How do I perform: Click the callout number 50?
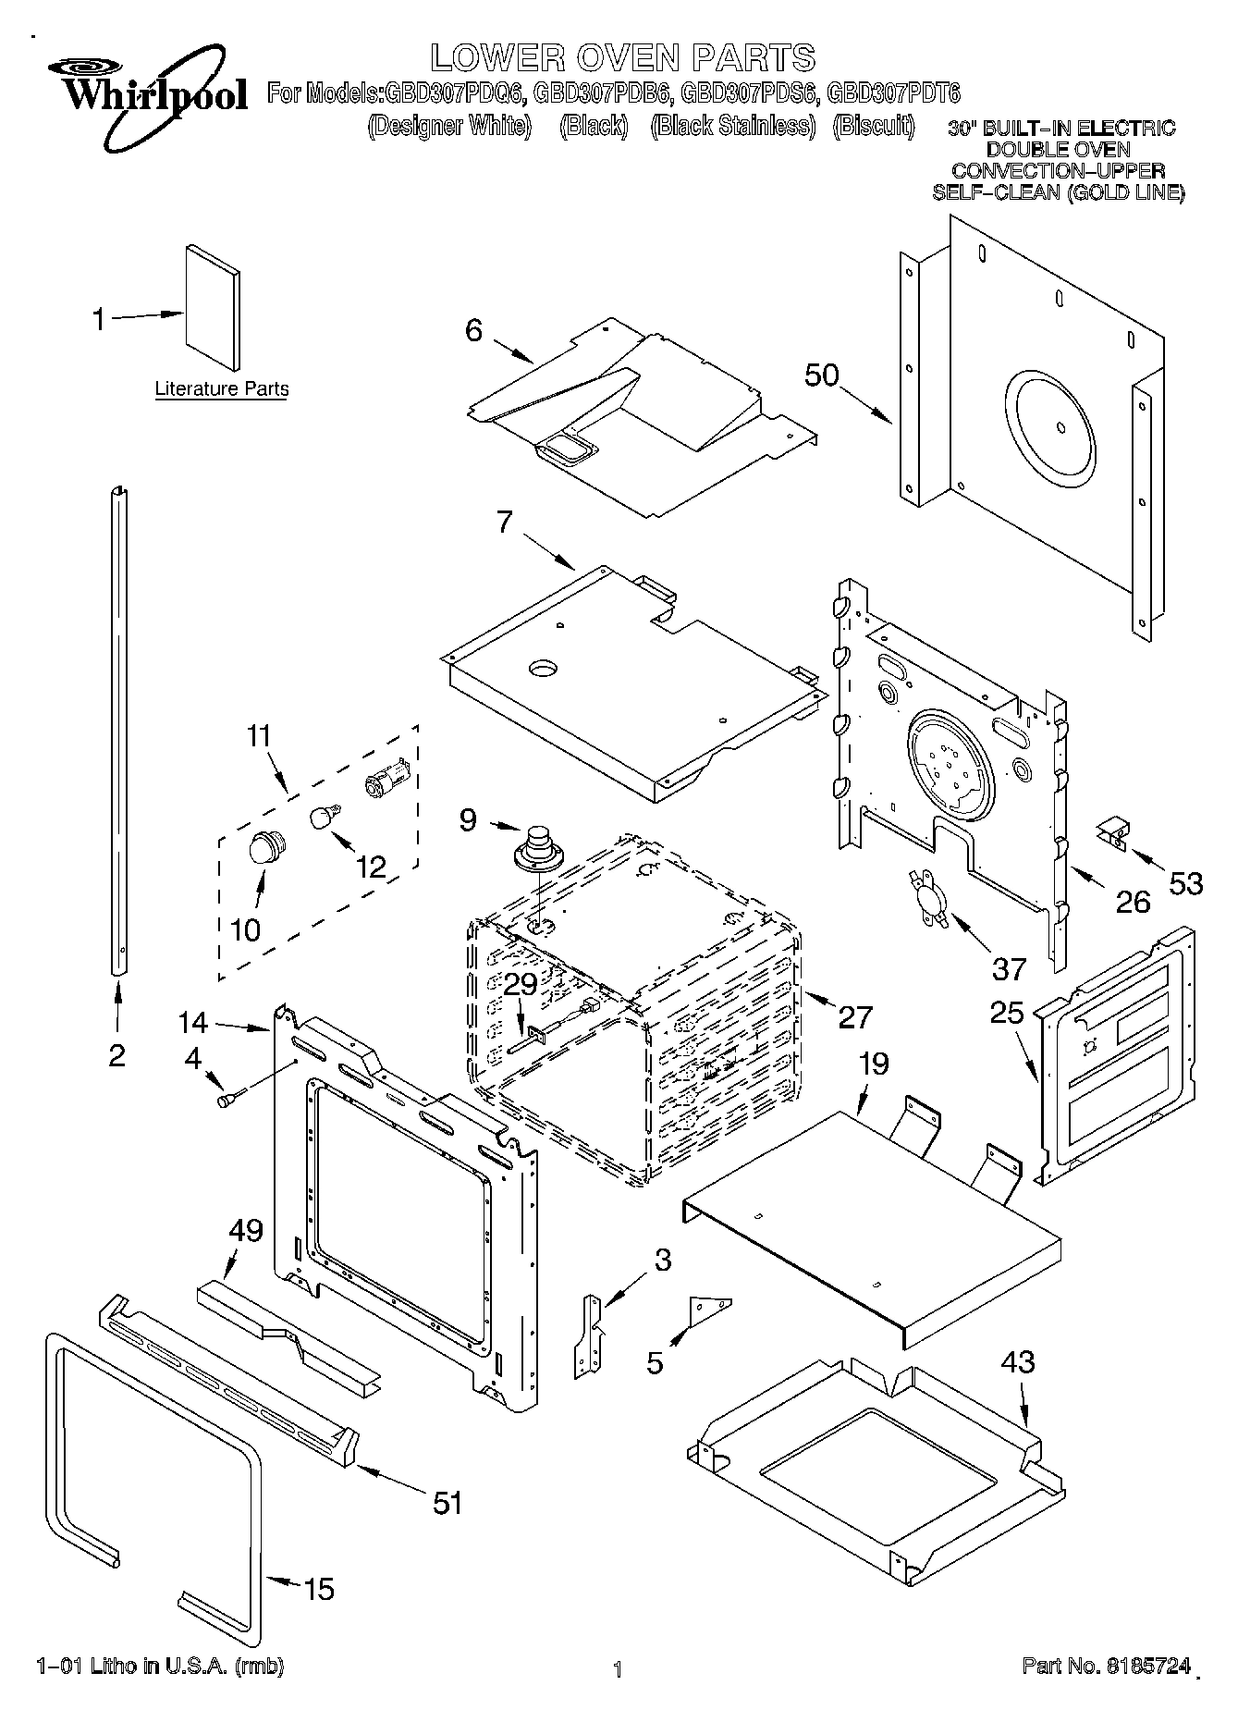pyautogui.click(x=821, y=375)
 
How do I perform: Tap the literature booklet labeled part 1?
pyautogui.click(x=212, y=308)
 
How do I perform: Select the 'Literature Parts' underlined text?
pyautogui.click(x=221, y=389)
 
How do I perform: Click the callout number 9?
pyautogui.click(x=469, y=818)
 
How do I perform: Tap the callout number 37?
pyautogui.click(x=1009, y=968)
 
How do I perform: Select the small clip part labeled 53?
pyautogui.click(x=1112, y=830)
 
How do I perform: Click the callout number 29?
pyautogui.click(x=521, y=985)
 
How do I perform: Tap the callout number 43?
pyautogui.click(x=1017, y=1361)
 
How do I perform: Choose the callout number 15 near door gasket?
pyautogui.click(x=318, y=1590)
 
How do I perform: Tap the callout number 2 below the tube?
pyautogui.click(x=116, y=1055)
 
